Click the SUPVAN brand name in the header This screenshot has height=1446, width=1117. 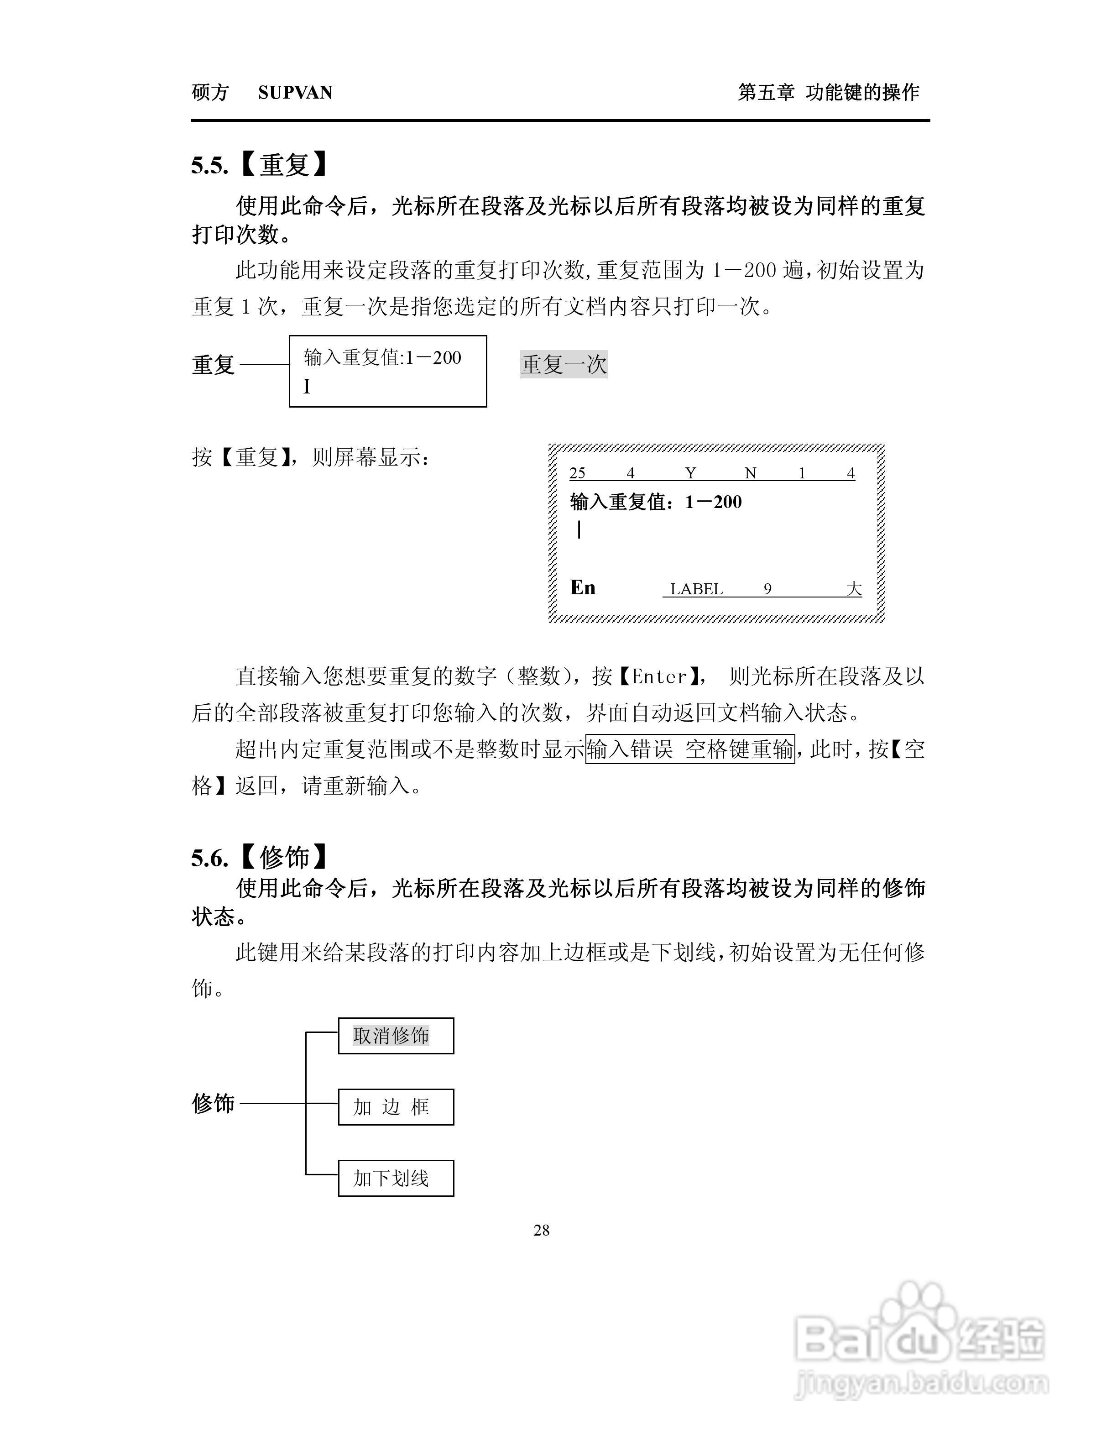295,93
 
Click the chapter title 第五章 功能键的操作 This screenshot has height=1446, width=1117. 829,93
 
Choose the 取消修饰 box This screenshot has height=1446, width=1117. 396,1036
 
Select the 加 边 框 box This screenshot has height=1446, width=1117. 396,1107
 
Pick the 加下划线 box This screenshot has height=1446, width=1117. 396,1178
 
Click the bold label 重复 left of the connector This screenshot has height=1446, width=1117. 213,365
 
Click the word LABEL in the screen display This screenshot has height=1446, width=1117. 696,589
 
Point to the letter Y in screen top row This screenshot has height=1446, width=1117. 691,473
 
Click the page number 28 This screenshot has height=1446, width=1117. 541,1230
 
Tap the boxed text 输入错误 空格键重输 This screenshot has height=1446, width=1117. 690,749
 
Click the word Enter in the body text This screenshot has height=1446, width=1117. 659,676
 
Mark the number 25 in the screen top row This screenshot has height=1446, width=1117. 577,473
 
